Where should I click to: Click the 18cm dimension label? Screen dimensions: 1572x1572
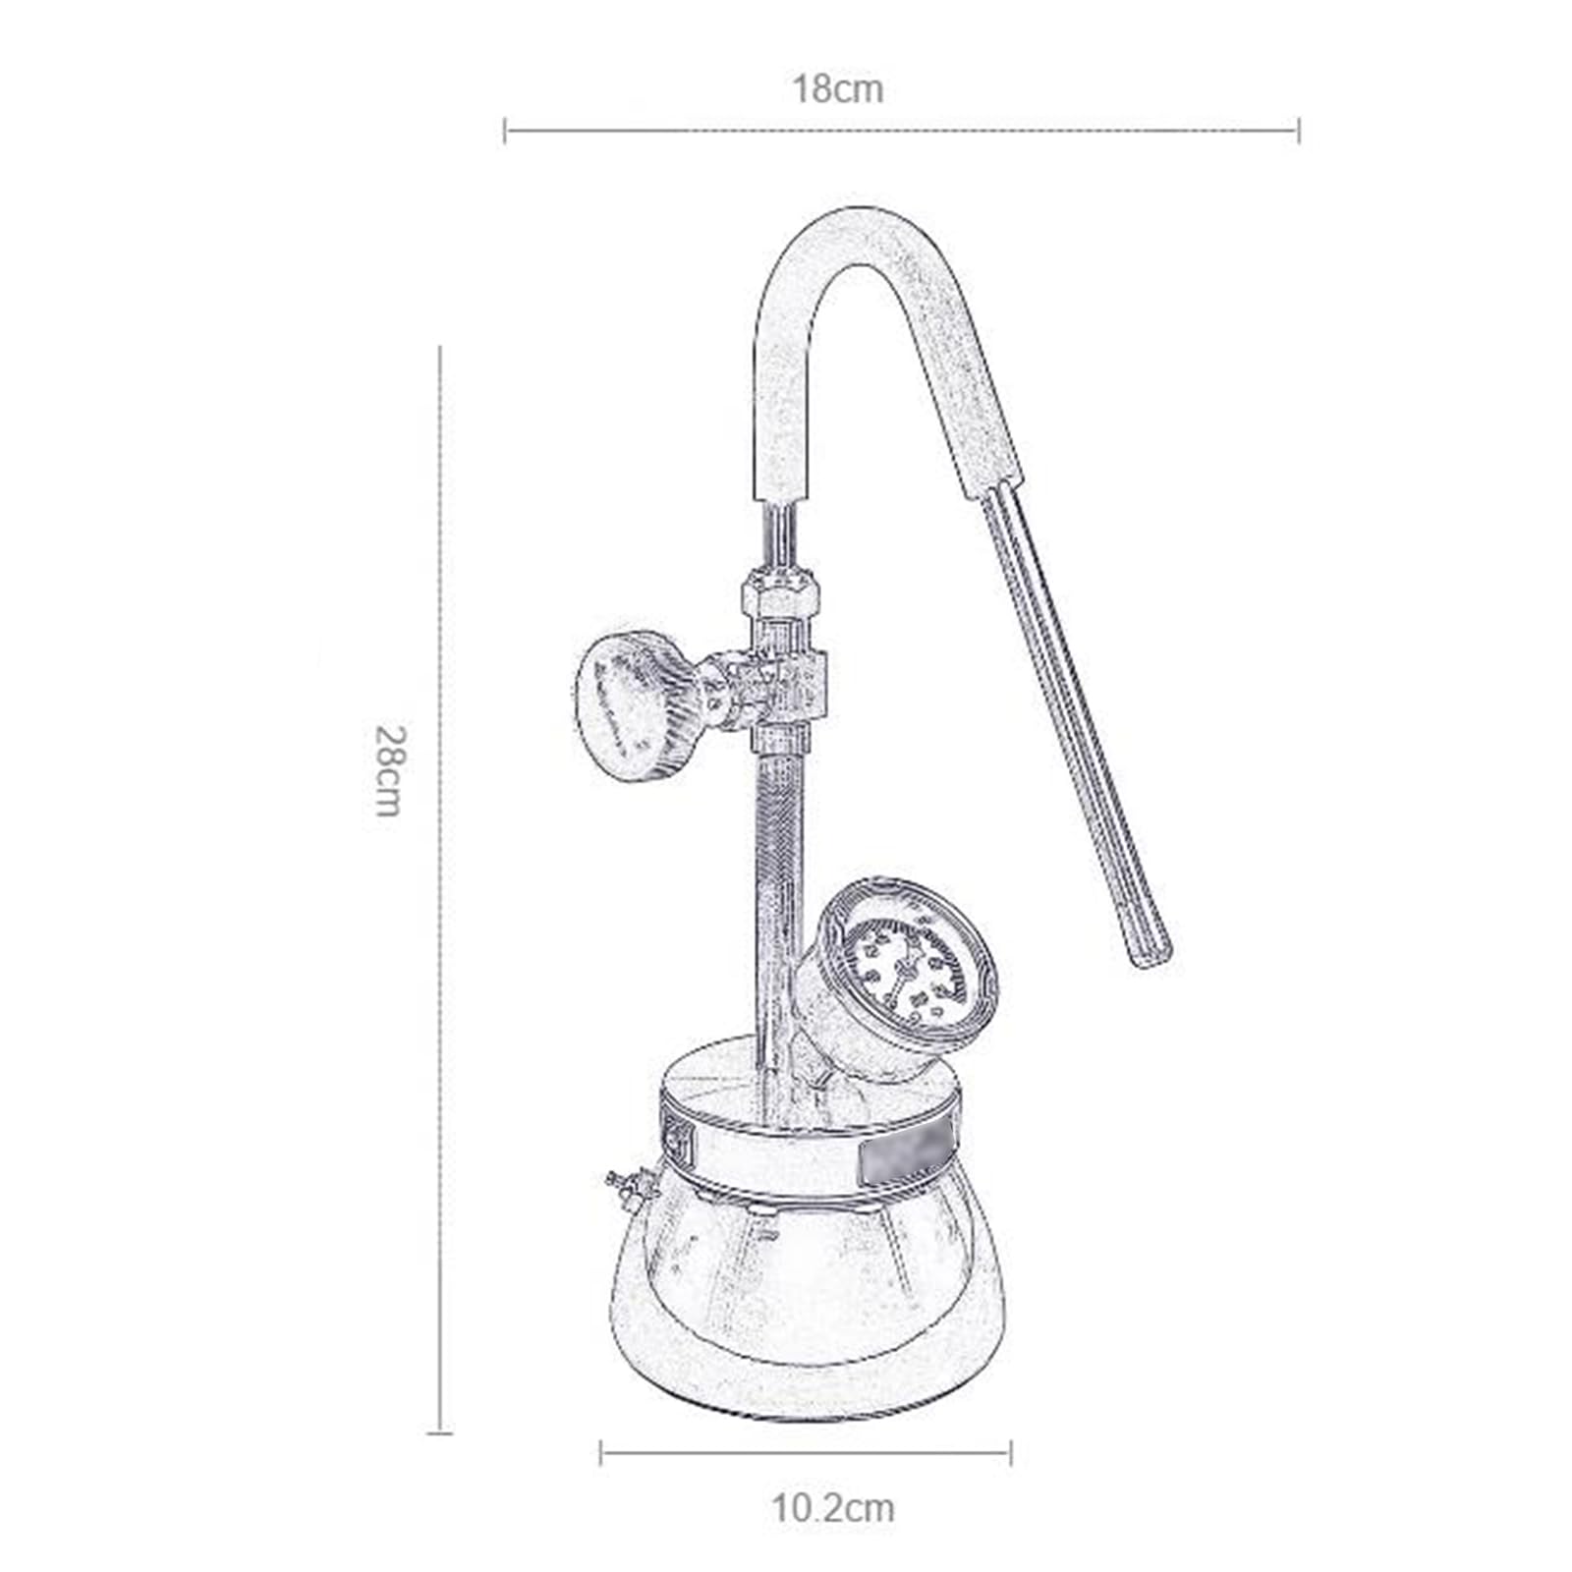(838, 89)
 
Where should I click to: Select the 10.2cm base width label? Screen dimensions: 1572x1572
(832, 1507)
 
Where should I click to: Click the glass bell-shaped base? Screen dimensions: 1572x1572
(806, 1297)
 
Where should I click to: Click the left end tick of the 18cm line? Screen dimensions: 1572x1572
(505, 130)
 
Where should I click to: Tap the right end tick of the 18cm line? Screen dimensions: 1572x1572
(1299, 130)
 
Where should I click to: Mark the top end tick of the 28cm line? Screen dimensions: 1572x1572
(439, 347)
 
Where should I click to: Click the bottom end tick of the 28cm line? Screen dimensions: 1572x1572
(439, 1432)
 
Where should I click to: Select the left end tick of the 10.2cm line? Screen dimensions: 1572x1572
(601, 1452)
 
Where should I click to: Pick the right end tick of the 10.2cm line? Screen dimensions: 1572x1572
(1010, 1452)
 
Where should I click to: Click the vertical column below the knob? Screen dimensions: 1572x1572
(776, 884)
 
